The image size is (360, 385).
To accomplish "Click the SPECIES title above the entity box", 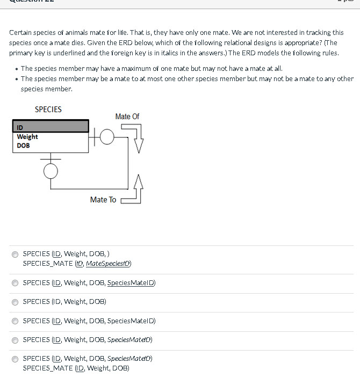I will tap(48, 110).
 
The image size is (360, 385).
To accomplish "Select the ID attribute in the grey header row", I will tap(20, 127).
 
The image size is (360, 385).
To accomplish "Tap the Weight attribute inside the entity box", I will tap(27, 137).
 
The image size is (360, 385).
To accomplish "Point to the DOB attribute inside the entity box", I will tap(23, 146).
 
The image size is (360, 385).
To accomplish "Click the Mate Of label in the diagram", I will tap(127, 117).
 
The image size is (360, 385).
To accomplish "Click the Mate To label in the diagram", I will tap(103, 200).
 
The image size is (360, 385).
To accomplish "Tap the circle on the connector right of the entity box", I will tap(106, 137).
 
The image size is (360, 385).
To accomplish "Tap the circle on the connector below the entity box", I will tap(51, 171).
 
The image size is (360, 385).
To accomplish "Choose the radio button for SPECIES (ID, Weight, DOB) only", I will tap(15, 302).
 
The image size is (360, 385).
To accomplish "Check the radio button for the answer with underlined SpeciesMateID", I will tap(15, 283).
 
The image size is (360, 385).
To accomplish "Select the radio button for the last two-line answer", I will tap(15, 359).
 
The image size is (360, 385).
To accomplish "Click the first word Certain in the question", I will tap(20, 33).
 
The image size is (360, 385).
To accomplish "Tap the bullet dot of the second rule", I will tap(17, 79).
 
